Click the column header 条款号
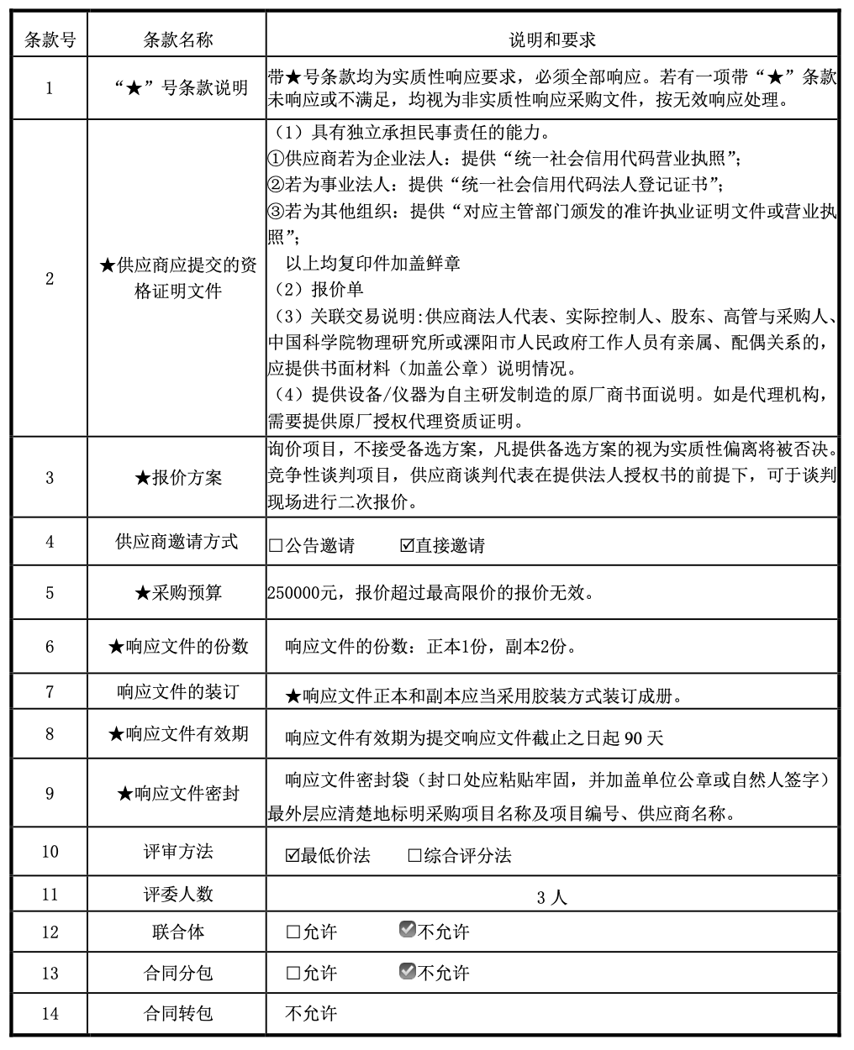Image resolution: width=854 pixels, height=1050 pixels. [50, 39]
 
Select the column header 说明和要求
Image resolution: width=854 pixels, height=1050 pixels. [552, 39]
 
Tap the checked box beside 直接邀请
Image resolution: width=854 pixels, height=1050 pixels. [408, 546]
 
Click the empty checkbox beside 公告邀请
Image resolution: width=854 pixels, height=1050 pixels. [276, 546]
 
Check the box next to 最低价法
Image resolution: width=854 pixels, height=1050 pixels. [293, 856]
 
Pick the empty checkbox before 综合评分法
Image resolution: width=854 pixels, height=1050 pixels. [414, 856]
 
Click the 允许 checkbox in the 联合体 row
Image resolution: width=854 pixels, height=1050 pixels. [293, 932]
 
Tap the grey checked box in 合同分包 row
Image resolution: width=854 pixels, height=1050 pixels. [408, 971]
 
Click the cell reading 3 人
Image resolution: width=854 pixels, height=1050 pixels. [551, 896]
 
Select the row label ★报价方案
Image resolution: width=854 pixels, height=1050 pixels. [178, 477]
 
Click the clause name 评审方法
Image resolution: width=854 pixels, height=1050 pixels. [178, 852]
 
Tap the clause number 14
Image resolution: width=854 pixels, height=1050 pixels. [50, 1013]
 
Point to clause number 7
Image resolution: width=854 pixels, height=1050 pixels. [50, 692]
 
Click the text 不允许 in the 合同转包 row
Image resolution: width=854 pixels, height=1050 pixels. [311, 1013]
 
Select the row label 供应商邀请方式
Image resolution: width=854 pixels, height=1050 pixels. [177, 542]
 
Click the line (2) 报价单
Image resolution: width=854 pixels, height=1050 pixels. [319, 289]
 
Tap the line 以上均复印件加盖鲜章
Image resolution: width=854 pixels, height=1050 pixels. [372, 264]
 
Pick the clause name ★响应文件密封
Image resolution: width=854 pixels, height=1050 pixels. [178, 793]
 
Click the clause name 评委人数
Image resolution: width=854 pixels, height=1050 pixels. [178, 894]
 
